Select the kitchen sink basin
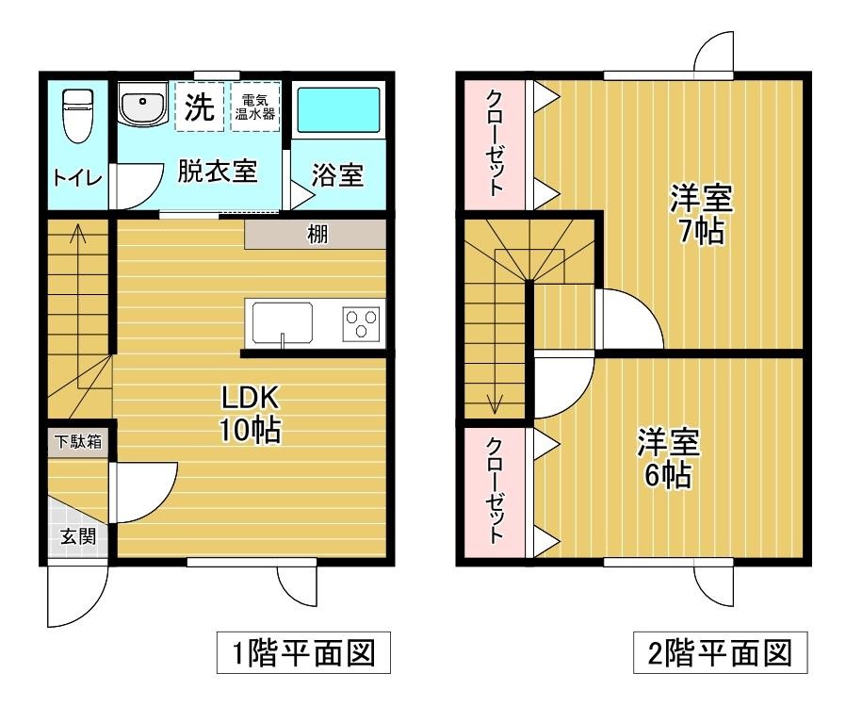click(280, 322)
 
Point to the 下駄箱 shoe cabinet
click(77, 440)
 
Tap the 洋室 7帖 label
click(702, 215)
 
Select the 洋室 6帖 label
click(668, 457)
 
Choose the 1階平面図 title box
click(299, 652)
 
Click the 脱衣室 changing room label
click(218, 172)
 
